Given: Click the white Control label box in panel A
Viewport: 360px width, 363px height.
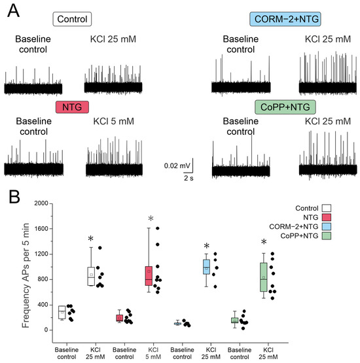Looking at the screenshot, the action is pyautogui.click(x=72, y=19).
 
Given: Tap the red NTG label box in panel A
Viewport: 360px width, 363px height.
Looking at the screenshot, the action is pyautogui.click(x=72, y=107).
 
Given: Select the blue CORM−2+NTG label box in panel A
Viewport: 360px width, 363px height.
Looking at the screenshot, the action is pyautogui.click(x=285, y=19).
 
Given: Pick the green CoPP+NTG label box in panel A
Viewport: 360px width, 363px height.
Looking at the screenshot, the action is pyautogui.click(x=285, y=107).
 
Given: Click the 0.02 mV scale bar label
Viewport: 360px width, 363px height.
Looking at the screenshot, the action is pyautogui.click(x=177, y=165).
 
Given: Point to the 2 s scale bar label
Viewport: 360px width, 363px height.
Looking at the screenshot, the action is pyautogui.click(x=189, y=178).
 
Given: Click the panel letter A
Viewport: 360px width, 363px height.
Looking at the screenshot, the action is pyautogui.click(x=13, y=11).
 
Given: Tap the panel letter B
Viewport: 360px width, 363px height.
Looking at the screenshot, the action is pyautogui.click(x=14, y=197).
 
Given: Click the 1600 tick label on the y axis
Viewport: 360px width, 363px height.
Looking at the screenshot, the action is pyautogui.click(x=41, y=228).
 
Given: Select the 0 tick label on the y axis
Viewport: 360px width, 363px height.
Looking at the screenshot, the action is pyautogui.click(x=46, y=330).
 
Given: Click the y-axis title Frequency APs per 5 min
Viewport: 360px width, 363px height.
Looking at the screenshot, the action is pyautogui.click(x=26, y=275).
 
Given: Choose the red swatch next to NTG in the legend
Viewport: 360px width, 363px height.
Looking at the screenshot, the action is pyautogui.click(x=326, y=217).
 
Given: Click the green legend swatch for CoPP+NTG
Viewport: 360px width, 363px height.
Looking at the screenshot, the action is pyautogui.click(x=326, y=235).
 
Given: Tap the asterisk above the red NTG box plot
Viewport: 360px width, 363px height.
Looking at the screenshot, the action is pyautogui.click(x=151, y=218).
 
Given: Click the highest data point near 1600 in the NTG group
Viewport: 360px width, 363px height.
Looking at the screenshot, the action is pyautogui.click(x=158, y=228).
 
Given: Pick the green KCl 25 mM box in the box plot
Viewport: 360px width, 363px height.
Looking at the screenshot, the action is pyautogui.click(x=264, y=277).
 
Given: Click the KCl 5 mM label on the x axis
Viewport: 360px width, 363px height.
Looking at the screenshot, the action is pyautogui.click(x=153, y=353).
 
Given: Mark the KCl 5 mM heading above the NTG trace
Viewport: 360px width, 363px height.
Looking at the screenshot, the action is pyautogui.click(x=113, y=121).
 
